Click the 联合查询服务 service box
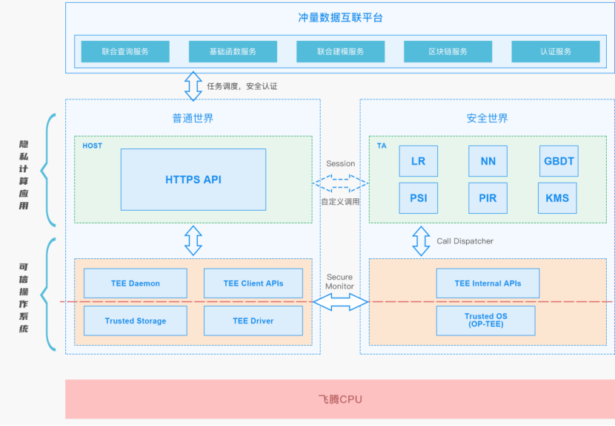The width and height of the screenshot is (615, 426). click(x=125, y=51)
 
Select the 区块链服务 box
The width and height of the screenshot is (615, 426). click(x=448, y=51)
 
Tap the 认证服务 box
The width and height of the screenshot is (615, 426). click(x=556, y=51)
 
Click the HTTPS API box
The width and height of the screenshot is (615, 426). click(x=193, y=180)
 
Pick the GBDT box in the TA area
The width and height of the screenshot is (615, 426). click(x=559, y=161)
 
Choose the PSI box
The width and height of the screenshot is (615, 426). click(x=419, y=198)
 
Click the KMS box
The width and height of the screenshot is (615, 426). click(x=557, y=198)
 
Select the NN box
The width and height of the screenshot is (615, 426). click(x=488, y=161)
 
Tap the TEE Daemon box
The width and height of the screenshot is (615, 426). click(x=136, y=284)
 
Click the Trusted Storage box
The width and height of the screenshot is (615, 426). click(x=136, y=321)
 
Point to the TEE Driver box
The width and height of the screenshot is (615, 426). click(x=253, y=321)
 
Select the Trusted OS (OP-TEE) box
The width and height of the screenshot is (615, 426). click(x=486, y=321)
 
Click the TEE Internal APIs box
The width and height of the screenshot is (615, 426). click(x=488, y=284)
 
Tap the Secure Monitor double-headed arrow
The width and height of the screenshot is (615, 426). click(x=340, y=302)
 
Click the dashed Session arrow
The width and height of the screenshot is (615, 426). click(x=340, y=183)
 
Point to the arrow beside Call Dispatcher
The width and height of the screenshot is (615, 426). click(x=421, y=241)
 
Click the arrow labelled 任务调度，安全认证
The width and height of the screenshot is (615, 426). click(x=193, y=86)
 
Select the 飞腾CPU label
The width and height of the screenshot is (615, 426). click(x=340, y=399)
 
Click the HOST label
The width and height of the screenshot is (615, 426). click(x=92, y=145)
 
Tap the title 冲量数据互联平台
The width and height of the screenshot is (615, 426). click(x=340, y=18)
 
